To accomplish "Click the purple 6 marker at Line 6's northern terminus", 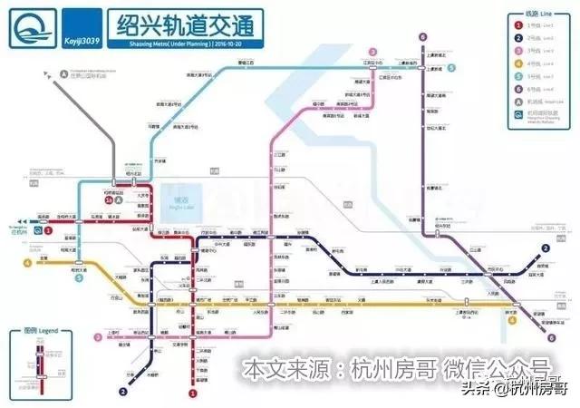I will pyautogui.click(x=423, y=37).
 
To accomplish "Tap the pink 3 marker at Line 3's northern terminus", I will pyautogui.click(x=372, y=52).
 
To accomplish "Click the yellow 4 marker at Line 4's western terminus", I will pyautogui.click(x=28, y=264).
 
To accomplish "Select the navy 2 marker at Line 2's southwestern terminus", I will pyautogui.click(x=121, y=392).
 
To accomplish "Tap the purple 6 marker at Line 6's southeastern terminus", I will pyautogui.click(x=551, y=337).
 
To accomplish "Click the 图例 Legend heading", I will pyautogui.click(x=42, y=332).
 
